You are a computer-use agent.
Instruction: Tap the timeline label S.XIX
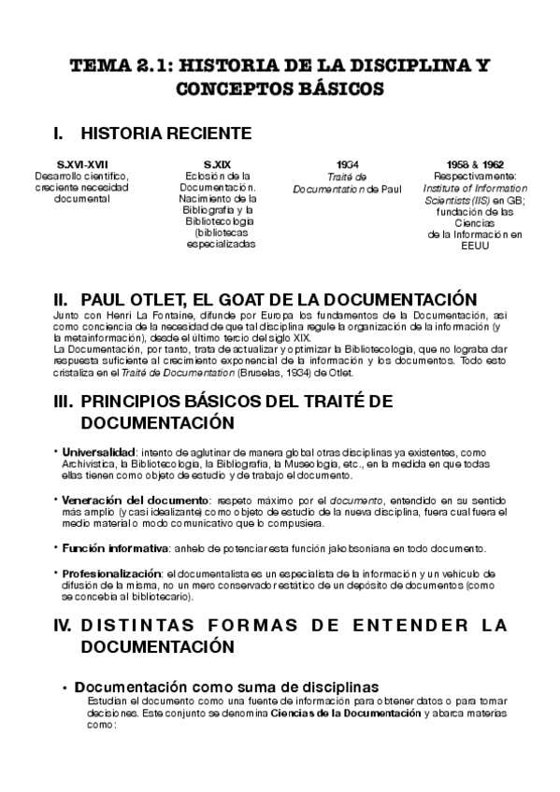point(217,163)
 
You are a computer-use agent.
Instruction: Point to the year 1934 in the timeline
point(347,163)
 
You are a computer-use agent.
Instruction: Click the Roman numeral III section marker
point(63,403)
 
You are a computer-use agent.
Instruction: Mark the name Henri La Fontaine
point(134,318)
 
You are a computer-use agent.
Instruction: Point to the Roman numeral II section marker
point(63,300)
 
